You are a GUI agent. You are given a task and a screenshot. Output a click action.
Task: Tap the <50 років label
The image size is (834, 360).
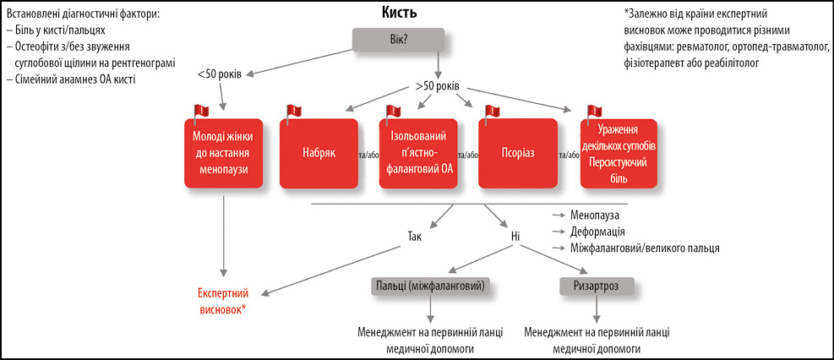[x=220, y=74]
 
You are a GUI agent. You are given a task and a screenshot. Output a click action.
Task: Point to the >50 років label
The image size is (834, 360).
[x=438, y=87]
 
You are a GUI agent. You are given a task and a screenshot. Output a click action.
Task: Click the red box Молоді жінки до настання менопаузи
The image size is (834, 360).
[x=224, y=153]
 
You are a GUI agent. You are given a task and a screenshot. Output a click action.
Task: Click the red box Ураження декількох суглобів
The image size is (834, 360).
[x=619, y=153]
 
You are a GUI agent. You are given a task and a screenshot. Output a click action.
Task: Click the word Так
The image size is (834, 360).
[x=413, y=237]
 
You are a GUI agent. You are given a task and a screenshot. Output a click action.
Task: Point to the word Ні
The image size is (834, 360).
[x=515, y=237]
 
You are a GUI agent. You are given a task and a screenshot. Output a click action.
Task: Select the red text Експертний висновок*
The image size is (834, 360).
[x=223, y=301]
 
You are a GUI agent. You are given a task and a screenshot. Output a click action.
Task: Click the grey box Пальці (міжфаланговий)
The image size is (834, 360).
[x=430, y=286]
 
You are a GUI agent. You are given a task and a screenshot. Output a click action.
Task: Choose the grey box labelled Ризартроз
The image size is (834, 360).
[x=597, y=286]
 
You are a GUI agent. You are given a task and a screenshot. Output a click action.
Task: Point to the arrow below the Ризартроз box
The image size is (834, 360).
[x=597, y=308]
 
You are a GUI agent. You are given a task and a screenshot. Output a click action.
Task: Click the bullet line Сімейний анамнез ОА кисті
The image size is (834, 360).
[x=70, y=81]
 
